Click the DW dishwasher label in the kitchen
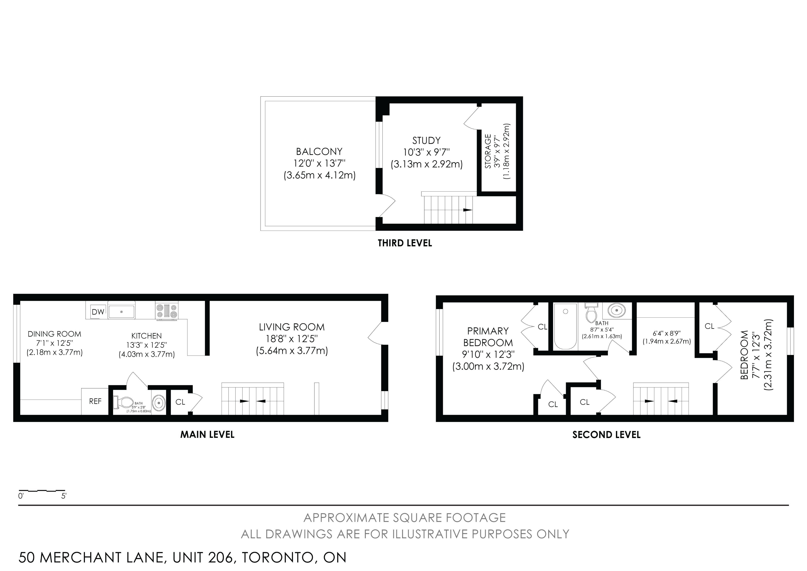tap(98, 312)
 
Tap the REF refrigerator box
tap(95, 401)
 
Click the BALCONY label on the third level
tap(319, 152)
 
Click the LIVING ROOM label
tap(292, 327)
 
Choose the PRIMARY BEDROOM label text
tap(488, 337)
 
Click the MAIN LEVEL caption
tap(207, 434)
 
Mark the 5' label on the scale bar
tap(64, 496)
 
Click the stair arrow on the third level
tap(467, 210)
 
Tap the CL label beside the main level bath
tap(180, 402)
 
